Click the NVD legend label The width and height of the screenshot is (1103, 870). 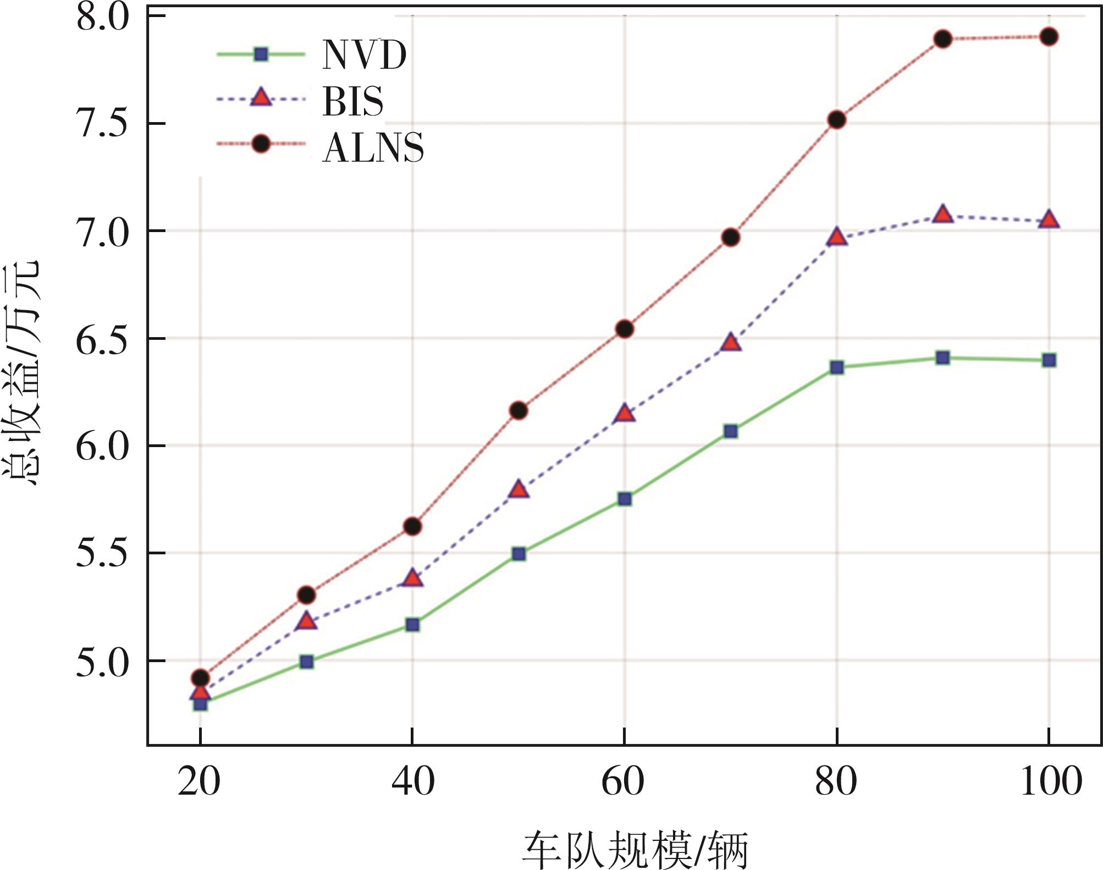click(x=364, y=55)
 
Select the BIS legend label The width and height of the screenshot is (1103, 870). click(x=352, y=101)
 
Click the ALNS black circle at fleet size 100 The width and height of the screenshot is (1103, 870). click(x=1049, y=37)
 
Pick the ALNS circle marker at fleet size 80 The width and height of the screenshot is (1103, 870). click(x=836, y=120)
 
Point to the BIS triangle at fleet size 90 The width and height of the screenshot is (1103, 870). click(x=943, y=214)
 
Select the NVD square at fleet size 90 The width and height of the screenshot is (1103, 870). click(x=942, y=358)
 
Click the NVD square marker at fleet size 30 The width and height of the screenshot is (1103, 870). click(x=307, y=662)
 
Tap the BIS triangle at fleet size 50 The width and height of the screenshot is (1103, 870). click(x=519, y=489)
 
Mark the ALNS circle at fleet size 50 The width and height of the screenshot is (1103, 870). click(x=519, y=411)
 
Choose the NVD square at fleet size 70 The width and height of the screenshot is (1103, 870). click(x=731, y=431)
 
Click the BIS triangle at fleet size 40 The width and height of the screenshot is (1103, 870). click(x=412, y=578)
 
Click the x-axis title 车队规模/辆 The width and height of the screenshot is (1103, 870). click(x=635, y=850)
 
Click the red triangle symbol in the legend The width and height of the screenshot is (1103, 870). click(x=261, y=98)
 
